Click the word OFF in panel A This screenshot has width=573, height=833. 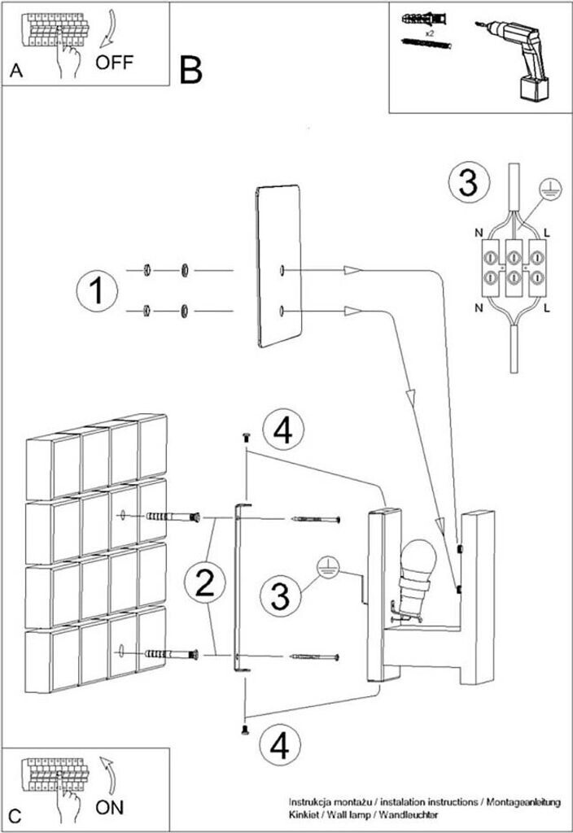click(x=113, y=63)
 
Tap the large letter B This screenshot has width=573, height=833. click(x=190, y=72)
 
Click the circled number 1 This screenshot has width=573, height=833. click(x=97, y=291)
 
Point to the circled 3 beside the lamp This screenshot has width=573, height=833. click(x=280, y=597)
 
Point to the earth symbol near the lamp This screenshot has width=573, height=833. click(x=327, y=567)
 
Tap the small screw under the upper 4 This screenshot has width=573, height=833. click(x=244, y=438)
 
